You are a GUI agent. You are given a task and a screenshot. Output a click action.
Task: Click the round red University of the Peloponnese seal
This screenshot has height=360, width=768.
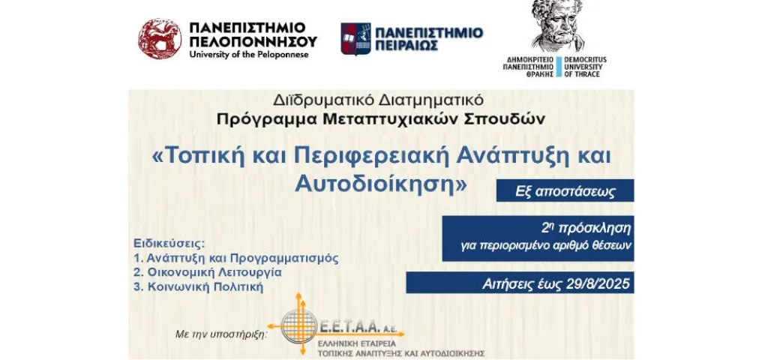[x=160, y=39]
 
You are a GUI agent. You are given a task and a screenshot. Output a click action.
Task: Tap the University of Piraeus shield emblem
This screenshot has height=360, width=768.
[x=355, y=39]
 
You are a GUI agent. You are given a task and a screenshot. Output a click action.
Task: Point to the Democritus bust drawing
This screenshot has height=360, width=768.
[x=558, y=25]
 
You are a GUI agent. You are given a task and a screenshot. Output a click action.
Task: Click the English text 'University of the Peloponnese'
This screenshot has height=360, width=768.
[x=249, y=54]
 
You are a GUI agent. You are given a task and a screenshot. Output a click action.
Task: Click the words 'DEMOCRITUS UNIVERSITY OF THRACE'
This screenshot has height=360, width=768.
[x=585, y=67]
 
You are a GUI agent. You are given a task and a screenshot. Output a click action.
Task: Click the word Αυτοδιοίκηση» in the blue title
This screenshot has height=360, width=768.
[x=380, y=183]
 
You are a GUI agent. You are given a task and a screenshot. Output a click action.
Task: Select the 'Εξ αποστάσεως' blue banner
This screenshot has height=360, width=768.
[x=565, y=190]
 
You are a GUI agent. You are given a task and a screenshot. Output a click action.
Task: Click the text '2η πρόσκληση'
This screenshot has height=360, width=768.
[x=586, y=228]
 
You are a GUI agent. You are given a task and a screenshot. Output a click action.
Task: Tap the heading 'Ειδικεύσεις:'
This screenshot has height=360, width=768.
[x=169, y=244]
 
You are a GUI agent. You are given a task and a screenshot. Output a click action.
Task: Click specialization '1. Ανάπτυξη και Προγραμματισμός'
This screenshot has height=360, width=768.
[x=235, y=258]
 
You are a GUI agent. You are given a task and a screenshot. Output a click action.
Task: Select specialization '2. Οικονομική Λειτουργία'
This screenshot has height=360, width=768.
[x=207, y=272]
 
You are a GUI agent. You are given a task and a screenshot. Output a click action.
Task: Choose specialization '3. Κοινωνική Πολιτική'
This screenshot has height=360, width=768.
[x=198, y=287]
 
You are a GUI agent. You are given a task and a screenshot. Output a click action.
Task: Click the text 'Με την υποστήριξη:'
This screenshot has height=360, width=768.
[x=222, y=334]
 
